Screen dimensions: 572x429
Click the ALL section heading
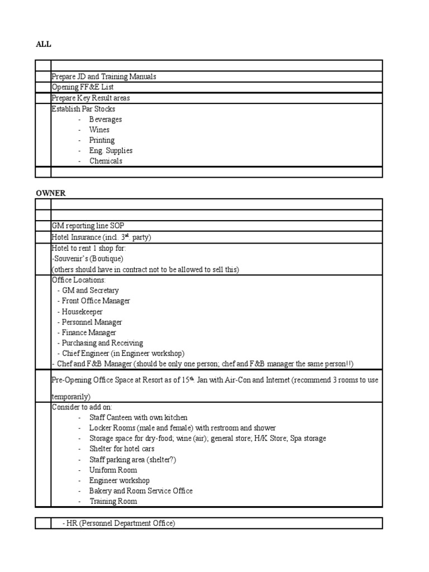tap(43, 44)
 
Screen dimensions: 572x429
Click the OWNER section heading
tap(51, 193)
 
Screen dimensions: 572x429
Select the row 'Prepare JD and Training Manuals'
tap(103, 77)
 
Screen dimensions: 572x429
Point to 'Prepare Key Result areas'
tap(90, 98)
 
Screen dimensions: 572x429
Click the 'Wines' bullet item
tap(99, 130)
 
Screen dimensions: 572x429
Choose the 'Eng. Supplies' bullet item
tap(111, 150)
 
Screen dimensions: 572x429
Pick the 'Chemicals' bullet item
tap(106, 161)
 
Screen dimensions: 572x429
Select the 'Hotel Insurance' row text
tap(101, 237)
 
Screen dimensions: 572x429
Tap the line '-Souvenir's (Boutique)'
tap(87, 259)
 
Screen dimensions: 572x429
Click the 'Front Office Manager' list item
tap(96, 301)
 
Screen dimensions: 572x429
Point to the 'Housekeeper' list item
tap(82, 311)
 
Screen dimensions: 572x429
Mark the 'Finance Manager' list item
tap(88, 332)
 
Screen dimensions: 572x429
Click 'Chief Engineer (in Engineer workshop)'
tap(123, 353)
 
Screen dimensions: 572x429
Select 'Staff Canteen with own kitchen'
tap(138, 417)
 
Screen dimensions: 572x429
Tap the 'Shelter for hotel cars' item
tap(122, 449)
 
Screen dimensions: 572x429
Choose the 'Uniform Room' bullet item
tap(113, 470)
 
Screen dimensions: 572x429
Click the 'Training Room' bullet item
tap(113, 501)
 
